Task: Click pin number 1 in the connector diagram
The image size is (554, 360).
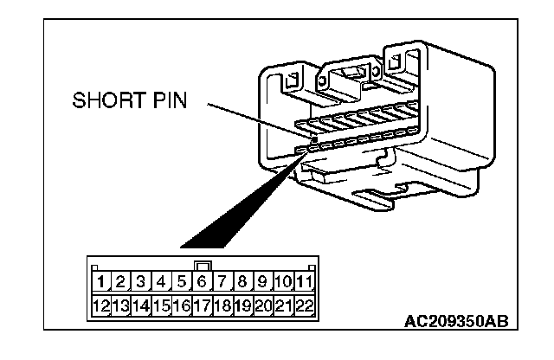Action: [x=101, y=281]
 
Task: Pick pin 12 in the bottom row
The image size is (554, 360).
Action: [x=101, y=305]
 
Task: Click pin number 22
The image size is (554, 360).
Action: [x=303, y=305]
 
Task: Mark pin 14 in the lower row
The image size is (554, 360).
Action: [x=142, y=305]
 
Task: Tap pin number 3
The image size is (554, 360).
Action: [x=142, y=281]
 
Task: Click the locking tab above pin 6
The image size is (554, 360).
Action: [x=202, y=265]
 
